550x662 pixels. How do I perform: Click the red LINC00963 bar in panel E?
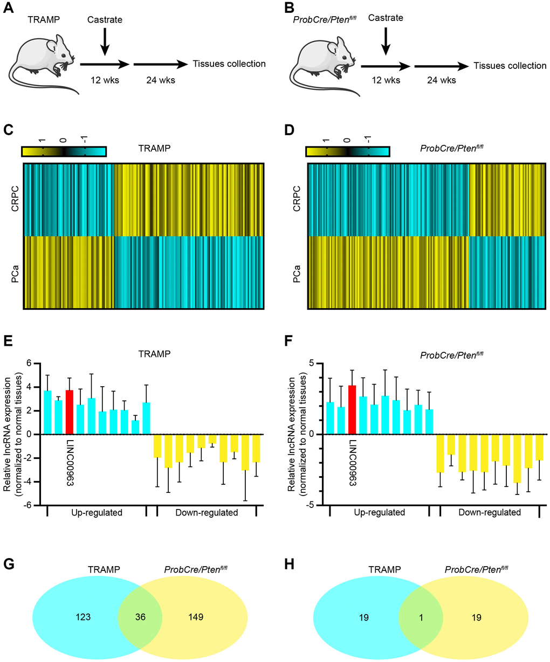[x=70, y=412]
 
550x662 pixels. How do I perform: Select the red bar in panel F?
[x=353, y=410]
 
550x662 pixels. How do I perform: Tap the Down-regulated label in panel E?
[x=207, y=513]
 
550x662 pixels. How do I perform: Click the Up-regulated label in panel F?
[x=379, y=512]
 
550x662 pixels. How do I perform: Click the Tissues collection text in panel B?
[x=510, y=66]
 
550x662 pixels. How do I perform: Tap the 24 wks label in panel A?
[x=160, y=80]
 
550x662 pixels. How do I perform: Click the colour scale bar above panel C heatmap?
[x=64, y=151]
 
